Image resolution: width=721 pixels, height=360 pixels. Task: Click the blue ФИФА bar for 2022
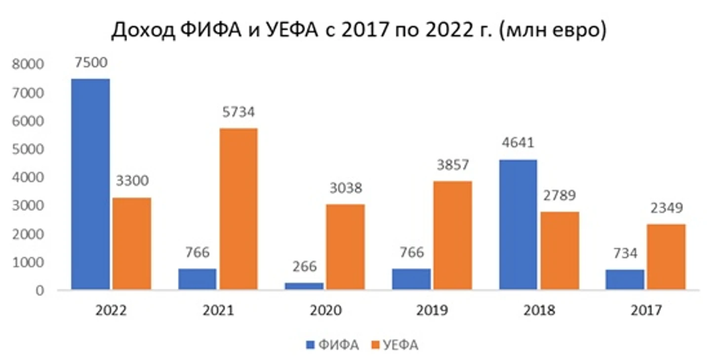[90, 184]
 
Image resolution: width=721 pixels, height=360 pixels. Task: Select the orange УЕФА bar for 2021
[239, 208]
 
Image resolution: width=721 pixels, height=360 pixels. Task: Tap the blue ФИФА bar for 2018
[518, 224]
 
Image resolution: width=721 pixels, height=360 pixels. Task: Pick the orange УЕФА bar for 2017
[666, 257]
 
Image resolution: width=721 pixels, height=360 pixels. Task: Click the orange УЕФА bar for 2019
[452, 235]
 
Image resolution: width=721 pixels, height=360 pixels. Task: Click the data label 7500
[91, 64]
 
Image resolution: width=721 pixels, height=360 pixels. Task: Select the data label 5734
[238, 112]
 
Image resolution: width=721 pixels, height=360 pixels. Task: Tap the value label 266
[304, 266]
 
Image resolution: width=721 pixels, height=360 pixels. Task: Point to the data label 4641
[519, 144]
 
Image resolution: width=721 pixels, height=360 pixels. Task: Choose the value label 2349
[666, 208]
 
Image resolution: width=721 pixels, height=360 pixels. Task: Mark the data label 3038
[346, 188]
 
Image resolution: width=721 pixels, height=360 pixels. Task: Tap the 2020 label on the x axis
[325, 311]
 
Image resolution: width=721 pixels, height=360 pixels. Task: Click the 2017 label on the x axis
[646, 311]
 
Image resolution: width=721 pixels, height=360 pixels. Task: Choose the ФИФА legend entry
[332, 345]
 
